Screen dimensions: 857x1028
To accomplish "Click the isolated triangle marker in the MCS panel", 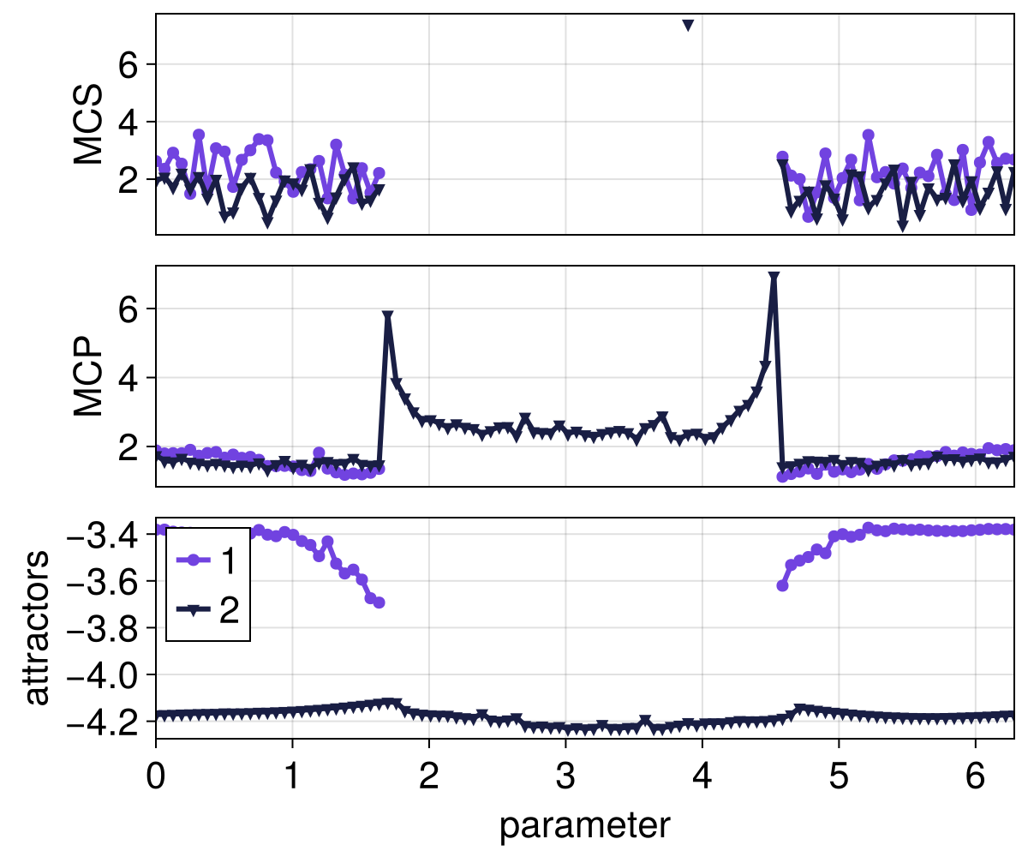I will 687,25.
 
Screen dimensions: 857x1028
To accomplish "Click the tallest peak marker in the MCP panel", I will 774,278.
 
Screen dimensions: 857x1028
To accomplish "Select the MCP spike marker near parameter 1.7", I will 387,316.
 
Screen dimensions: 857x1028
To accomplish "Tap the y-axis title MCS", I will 88,123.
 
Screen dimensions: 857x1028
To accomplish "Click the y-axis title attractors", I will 36,628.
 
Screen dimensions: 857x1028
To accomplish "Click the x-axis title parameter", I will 584,826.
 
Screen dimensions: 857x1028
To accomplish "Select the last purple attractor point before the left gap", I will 379,602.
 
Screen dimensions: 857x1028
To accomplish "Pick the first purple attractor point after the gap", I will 782,585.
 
